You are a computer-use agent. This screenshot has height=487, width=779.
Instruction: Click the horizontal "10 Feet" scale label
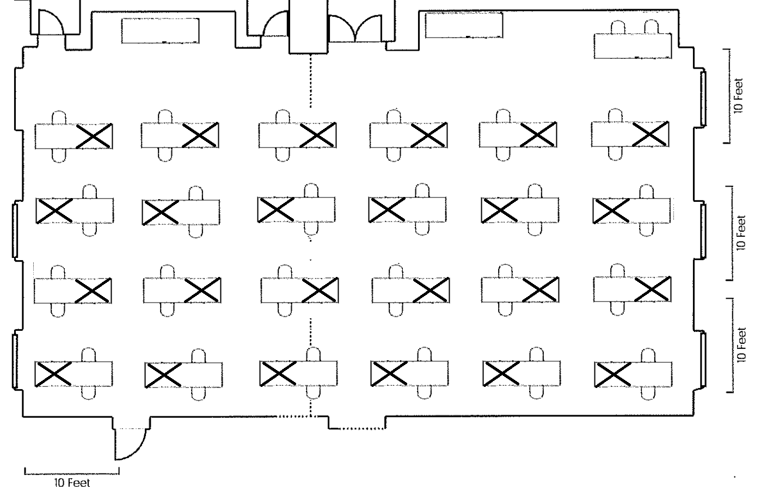tap(72, 482)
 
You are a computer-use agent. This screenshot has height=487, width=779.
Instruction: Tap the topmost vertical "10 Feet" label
tap(738, 96)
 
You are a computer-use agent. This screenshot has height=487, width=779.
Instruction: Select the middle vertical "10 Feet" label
tap(740, 233)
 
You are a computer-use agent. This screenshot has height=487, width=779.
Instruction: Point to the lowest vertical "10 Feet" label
tap(740, 344)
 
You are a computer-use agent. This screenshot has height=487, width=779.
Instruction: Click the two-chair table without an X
tap(633, 45)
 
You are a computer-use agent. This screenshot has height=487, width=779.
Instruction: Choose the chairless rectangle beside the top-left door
tap(160, 30)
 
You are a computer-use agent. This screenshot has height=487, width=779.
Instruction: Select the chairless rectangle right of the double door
tap(463, 25)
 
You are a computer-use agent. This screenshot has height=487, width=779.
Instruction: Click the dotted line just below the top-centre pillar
tap(311, 81)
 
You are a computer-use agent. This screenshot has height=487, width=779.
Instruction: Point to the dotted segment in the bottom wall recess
tap(357, 428)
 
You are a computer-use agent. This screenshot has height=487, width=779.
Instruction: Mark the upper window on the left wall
tap(15, 229)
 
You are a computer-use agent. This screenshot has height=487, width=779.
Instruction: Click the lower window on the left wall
tap(15, 361)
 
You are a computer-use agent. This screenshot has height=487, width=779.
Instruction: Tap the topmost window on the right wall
tap(703, 98)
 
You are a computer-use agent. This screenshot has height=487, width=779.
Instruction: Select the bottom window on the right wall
tap(703, 359)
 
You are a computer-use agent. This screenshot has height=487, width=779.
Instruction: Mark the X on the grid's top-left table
tap(94, 135)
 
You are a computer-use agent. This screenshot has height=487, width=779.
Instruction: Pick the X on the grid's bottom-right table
tap(613, 374)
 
